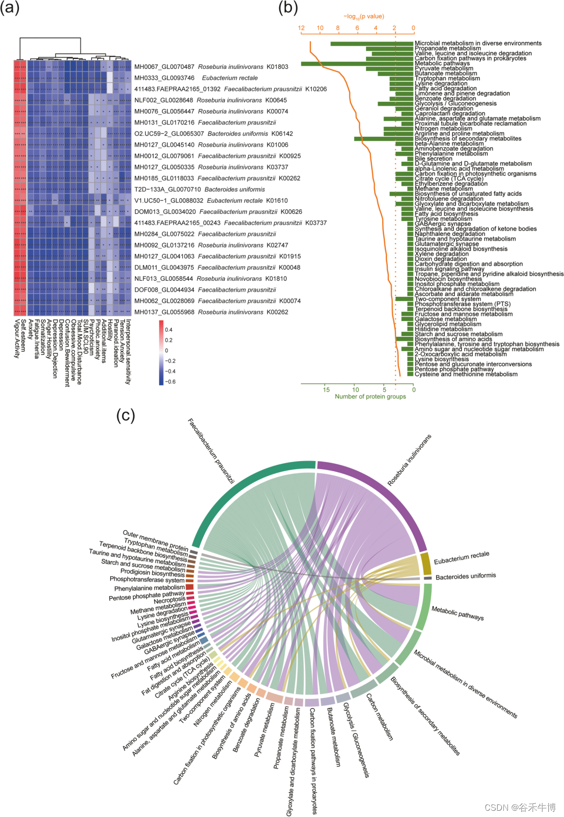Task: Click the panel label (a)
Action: [10, 8]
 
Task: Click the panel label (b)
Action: [288, 8]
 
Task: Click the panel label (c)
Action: [125, 415]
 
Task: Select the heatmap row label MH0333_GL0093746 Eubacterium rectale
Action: [196, 78]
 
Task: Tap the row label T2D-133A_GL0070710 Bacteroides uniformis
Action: [199, 189]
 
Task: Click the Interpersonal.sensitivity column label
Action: [128, 352]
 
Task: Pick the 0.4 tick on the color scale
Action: [169, 330]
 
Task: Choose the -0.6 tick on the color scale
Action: [170, 382]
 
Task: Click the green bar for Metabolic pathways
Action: [357, 64]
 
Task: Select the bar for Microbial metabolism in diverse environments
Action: [372, 43]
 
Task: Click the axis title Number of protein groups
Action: [370, 397]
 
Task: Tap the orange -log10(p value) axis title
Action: [363, 17]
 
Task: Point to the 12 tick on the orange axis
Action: [301, 28]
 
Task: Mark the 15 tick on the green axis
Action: [326, 389]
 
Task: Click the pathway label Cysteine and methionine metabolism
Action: [466, 374]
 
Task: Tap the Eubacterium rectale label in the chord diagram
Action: [461, 557]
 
